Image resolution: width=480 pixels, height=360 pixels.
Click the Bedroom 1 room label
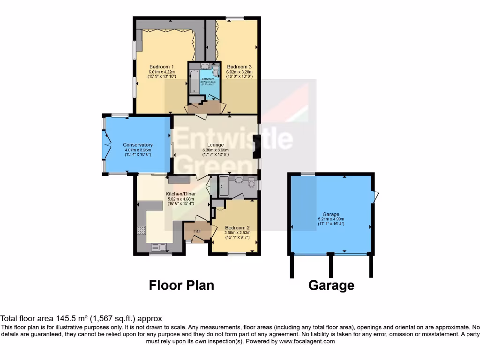pyautogui.click(x=161, y=67)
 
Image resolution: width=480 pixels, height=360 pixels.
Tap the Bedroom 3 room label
pyautogui.click(x=239, y=67)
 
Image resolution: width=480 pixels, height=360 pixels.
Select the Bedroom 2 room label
pyautogui.click(x=237, y=227)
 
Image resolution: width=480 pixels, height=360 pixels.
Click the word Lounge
pyautogui.click(x=216, y=145)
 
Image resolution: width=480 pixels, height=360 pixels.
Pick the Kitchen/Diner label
pyautogui.click(x=180, y=194)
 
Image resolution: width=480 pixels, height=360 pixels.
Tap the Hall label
pyautogui.click(x=197, y=231)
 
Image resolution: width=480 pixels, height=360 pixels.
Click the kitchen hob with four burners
pyautogui.click(x=141, y=231)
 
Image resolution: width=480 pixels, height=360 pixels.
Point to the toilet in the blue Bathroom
pyautogui.click(x=215, y=71)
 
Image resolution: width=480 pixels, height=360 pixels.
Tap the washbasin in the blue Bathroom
pyautogui.click(x=205, y=66)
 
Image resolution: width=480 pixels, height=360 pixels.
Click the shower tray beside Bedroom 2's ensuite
pyautogui.click(x=223, y=187)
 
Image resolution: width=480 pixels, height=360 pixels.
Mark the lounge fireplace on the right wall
pyautogui.click(x=255, y=145)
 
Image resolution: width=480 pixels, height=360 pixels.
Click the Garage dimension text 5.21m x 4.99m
pyautogui.click(x=330, y=219)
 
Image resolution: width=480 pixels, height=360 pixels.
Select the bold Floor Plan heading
pyautogui.click(x=181, y=285)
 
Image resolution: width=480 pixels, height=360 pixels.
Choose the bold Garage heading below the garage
pyautogui.click(x=331, y=285)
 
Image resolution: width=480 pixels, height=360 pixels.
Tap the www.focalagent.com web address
pyautogui.click(x=307, y=341)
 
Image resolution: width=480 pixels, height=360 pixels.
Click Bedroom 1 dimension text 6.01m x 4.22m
pyautogui.click(x=161, y=72)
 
